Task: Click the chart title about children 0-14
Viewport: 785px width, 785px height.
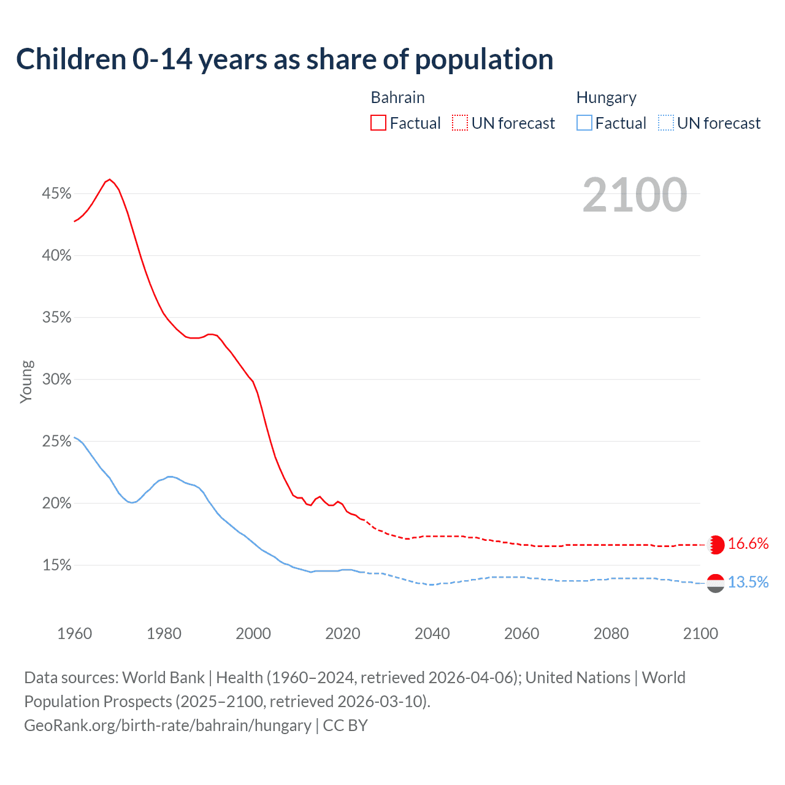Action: click(285, 59)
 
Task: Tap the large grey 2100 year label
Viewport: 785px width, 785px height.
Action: click(635, 195)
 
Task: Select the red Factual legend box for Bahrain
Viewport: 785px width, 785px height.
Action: click(378, 123)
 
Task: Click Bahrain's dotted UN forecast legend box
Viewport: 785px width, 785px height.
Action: click(460, 123)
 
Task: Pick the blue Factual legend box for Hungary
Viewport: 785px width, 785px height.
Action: click(584, 123)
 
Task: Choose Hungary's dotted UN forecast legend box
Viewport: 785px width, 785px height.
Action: click(665, 123)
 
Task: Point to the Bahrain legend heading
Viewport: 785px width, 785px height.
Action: click(397, 98)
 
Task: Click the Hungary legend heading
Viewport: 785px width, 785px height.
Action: click(606, 98)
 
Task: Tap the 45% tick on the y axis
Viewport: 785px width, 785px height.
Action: click(56, 194)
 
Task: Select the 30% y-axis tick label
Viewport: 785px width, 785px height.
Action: click(56, 380)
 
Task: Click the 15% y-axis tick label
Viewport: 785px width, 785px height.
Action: click(56, 565)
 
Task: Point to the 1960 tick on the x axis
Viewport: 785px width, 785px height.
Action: click(74, 634)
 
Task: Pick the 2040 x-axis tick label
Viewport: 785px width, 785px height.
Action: click(432, 634)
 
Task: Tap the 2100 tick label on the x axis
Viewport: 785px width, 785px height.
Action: click(700, 634)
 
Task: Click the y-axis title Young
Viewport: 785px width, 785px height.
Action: click(26, 381)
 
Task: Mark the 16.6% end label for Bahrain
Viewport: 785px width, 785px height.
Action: click(748, 544)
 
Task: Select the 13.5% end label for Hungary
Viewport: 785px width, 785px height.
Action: click(748, 582)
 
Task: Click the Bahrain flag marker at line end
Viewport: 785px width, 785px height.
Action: click(716, 545)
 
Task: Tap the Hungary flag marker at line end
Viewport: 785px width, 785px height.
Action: click(716, 583)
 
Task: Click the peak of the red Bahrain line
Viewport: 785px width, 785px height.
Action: click(110, 179)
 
